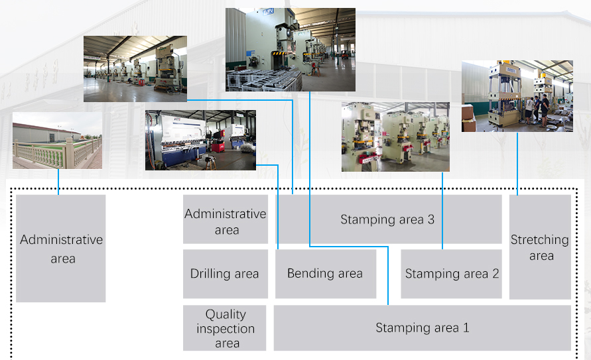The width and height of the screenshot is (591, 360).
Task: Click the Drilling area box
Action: [x=226, y=274]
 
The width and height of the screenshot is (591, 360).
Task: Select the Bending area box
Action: [x=326, y=274]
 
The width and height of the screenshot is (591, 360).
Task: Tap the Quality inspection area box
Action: [x=225, y=328]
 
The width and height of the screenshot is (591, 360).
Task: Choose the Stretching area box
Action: [x=540, y=247]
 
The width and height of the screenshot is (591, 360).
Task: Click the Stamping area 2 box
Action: [x=451, y=274]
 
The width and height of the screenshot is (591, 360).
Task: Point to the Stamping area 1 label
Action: [x=422, y=328]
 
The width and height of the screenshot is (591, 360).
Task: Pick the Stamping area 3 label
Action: [x=387, y=219]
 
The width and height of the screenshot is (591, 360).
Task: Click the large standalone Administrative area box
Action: [x=60, y=249]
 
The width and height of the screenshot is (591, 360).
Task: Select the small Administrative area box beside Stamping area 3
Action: [x=226, y=219]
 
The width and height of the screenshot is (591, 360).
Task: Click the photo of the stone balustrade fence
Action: [x=57, y=140]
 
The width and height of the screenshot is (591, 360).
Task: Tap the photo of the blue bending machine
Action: [x=200, y=140]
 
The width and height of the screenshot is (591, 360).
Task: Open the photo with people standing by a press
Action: [x=517, y=96]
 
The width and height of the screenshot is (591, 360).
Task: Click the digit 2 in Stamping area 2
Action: [x=495, y=273]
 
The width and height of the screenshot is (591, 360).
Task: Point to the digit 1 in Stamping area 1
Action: [x=466, y=328]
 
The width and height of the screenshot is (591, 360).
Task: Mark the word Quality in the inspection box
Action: [x=226, y=314]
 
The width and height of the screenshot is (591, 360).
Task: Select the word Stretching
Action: [x=540, y=240]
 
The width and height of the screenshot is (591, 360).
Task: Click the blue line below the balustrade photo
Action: [x=58, y=182]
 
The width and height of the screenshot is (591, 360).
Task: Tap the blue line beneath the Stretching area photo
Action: [x=517, y=164]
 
